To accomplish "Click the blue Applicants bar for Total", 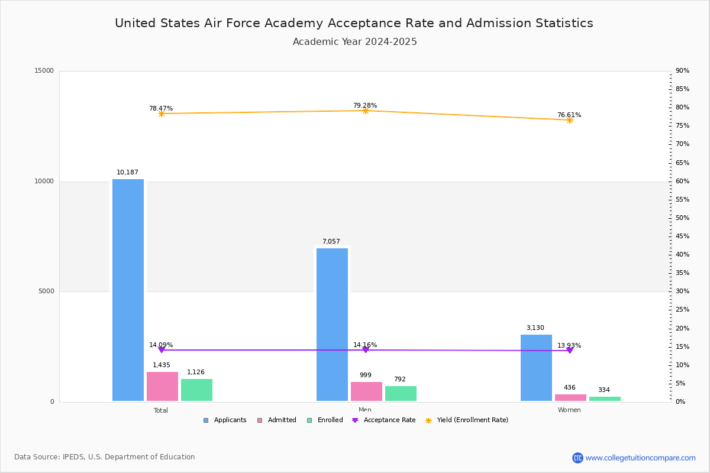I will pos(128,290).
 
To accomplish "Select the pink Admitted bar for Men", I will pos(366,391).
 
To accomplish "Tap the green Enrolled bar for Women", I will pos(605,399).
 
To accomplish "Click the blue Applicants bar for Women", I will pos(536,368).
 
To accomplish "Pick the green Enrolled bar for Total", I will pos(196,390).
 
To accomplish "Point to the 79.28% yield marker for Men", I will pos(366,111).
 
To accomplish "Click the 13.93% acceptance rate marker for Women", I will pos(570,351).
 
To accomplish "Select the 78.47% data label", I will pos(161,109).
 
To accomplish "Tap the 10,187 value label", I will pos(127,173).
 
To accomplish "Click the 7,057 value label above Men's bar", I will pos(331,242).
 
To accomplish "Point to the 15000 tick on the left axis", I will pos(44,71).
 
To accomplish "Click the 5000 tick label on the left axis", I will pos(46,291).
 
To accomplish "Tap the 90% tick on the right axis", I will pos(682,71).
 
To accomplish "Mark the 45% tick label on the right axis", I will pos(682,237).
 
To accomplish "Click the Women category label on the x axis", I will pos(569,410).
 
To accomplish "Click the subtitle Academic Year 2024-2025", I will pos(355,42).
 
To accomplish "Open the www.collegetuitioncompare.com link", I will pos(640,458).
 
